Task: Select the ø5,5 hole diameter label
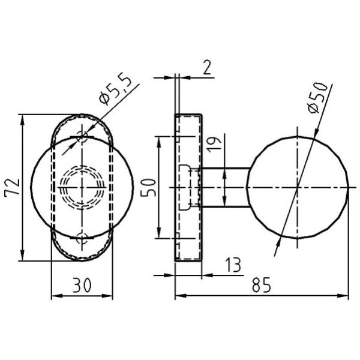point(114,87)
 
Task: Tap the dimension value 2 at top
point(207,67)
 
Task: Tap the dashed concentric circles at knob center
point(82,187)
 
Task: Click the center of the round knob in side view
point(298,187)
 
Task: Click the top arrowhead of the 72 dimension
point(23,118)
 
